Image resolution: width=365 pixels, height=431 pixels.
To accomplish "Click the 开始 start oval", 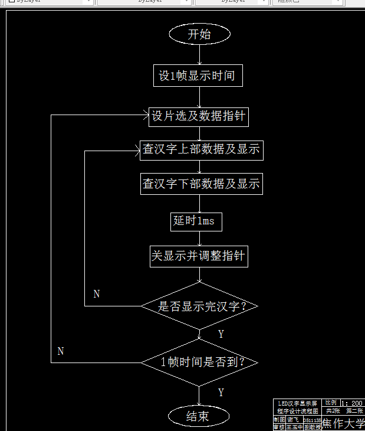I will coord(199,34).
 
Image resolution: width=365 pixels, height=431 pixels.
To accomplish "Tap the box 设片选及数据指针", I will coord(198,116).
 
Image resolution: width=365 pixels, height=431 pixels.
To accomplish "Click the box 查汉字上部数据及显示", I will coord(200,149).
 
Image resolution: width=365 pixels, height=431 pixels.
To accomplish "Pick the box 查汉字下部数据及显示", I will coord(200,184).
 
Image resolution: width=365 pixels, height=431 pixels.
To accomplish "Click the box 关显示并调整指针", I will coord(198,256).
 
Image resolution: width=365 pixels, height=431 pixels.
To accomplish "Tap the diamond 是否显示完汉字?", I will coord(200,306).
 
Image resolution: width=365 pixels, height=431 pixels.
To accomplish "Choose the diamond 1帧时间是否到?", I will coord(200,362).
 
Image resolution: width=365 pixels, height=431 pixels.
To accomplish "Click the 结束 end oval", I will coord(198,416).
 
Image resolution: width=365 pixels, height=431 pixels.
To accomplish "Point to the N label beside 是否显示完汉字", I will coord(97,293).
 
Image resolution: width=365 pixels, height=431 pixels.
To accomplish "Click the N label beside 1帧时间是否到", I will coord(60,351).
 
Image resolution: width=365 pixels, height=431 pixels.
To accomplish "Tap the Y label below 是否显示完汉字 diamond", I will coord(221,334).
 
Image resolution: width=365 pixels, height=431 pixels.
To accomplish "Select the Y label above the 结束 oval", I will coord(221,393).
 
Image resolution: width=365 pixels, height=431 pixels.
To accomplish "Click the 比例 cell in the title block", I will coord(331,403).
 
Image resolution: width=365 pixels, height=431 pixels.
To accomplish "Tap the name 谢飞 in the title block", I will coord(293,419).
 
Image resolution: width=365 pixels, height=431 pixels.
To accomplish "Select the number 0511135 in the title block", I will coord(312,420).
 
